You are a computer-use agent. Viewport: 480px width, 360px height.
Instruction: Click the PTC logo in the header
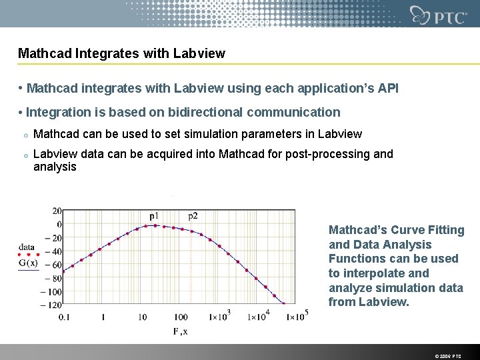tap(438, 15)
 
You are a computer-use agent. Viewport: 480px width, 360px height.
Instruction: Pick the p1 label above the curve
tap(154, 216)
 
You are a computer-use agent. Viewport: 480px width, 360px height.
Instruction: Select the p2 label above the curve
tap(193, 216)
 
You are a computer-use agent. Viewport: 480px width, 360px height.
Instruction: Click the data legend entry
tap(27, 247)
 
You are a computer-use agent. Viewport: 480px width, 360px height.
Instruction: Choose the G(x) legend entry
tap(27, 263)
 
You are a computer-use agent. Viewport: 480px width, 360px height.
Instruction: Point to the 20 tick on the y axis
tap(57, 211)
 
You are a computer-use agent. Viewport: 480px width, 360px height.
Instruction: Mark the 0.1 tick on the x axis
tap(63, 317)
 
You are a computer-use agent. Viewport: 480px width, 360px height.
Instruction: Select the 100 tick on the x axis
tap(181, 317)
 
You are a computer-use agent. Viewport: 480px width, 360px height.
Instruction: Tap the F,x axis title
tap(180, 331)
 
